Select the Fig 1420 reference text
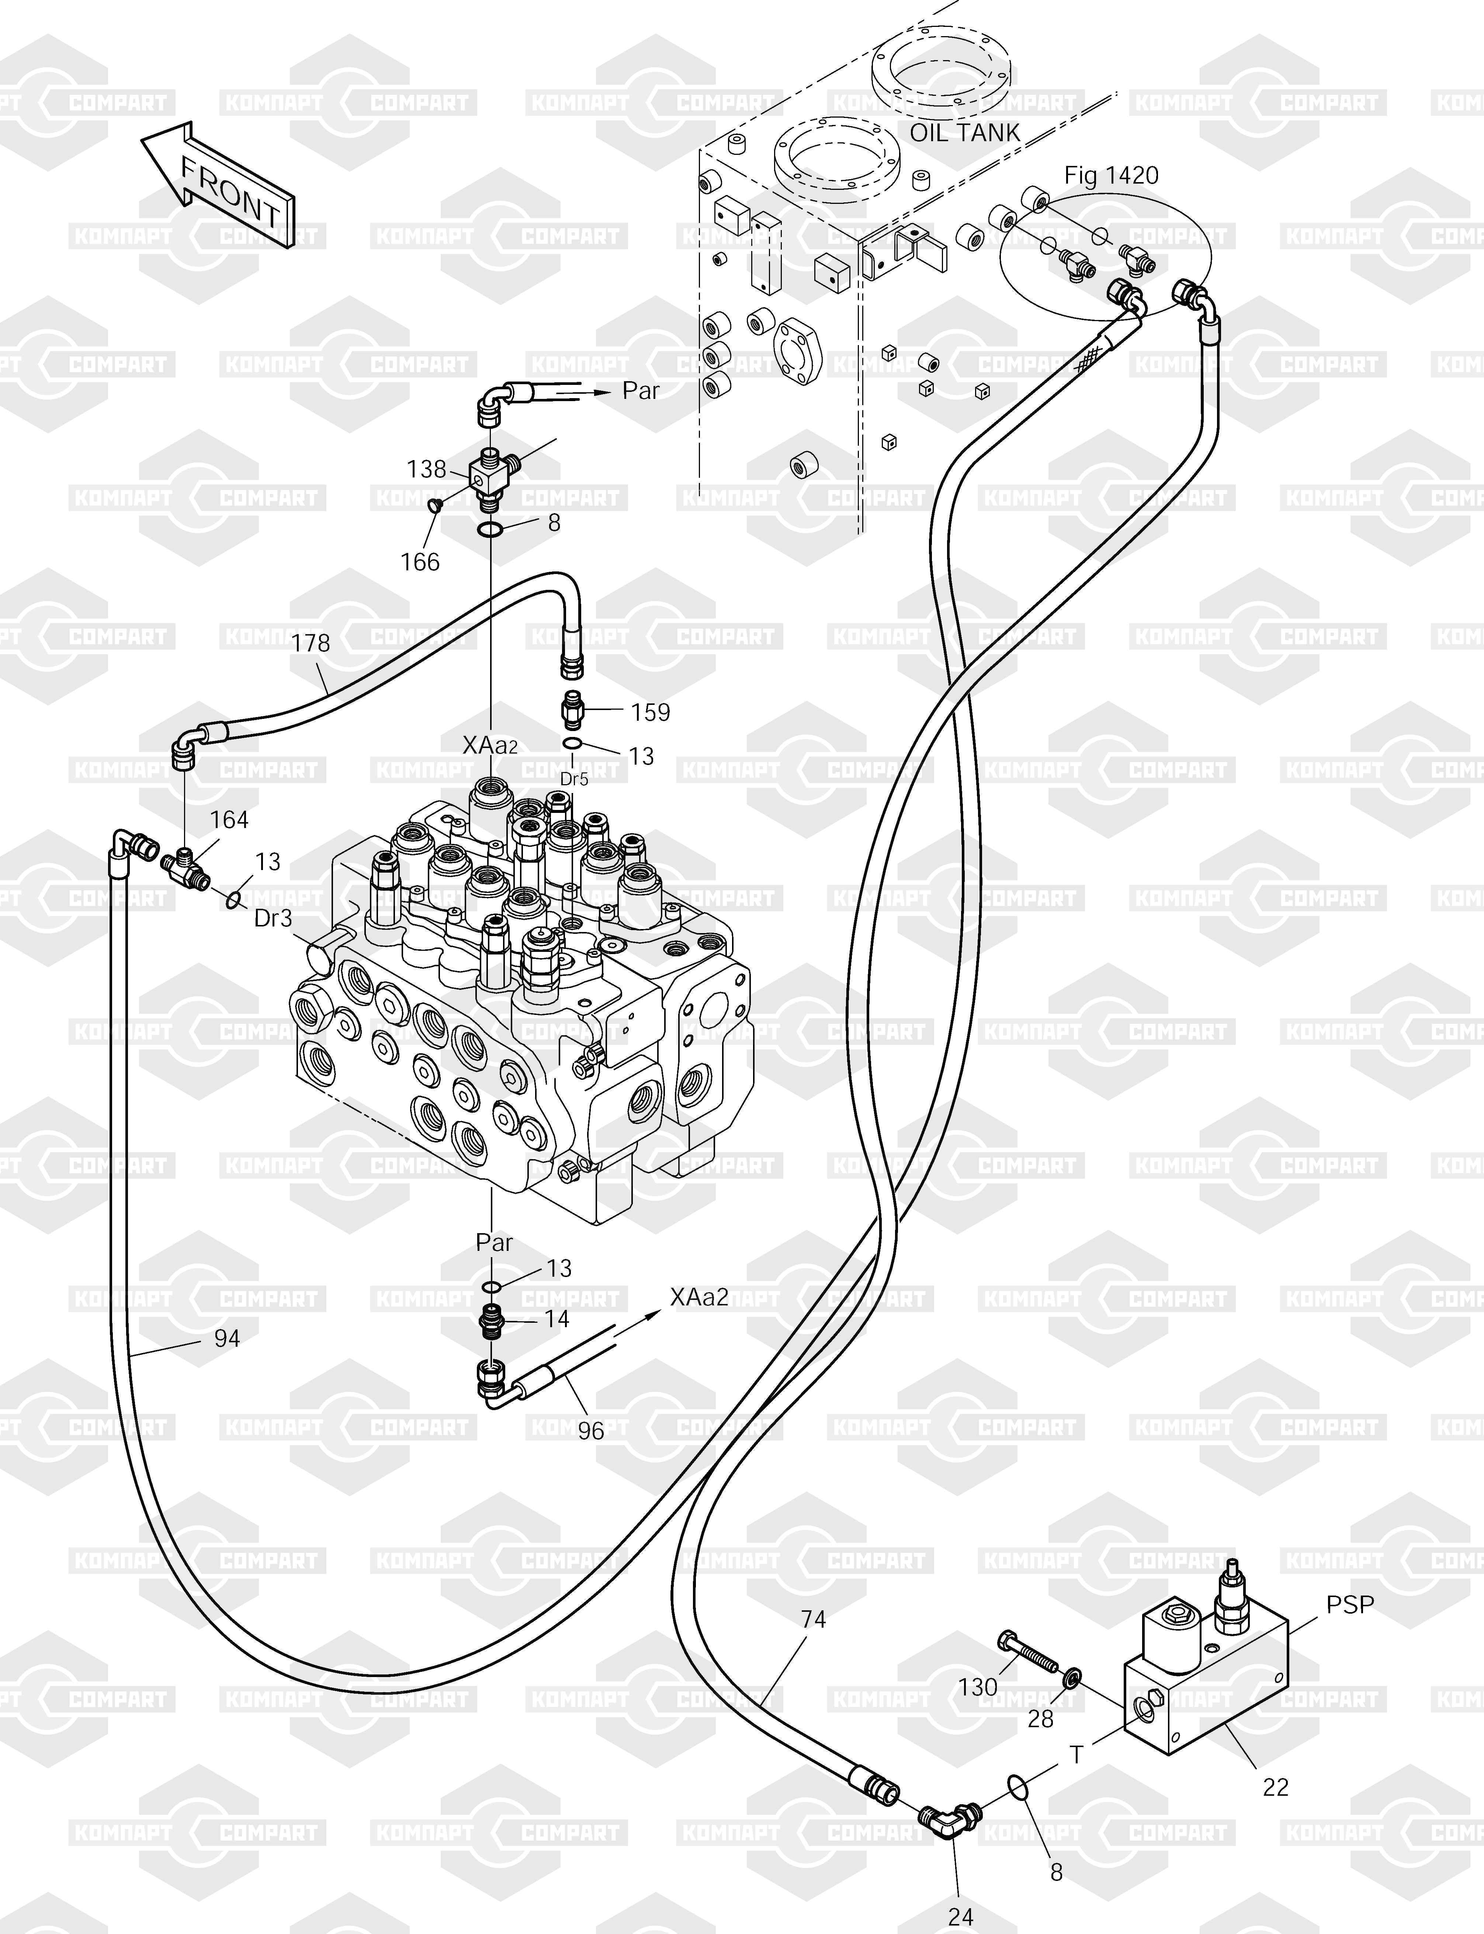1111,176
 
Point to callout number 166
420,561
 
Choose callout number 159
651,712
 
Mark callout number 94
227,1339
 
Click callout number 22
1276,1787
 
